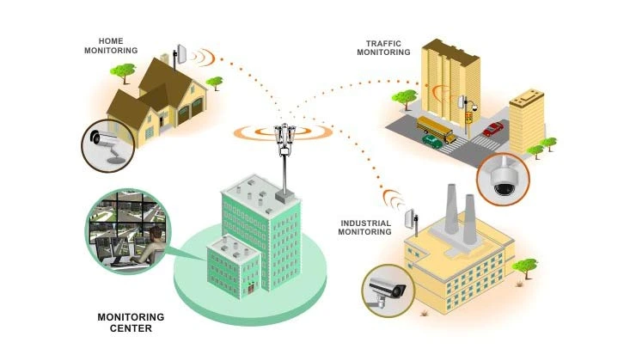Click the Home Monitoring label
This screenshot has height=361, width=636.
tap(111, 45)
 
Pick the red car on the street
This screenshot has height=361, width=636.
tap(492, 129)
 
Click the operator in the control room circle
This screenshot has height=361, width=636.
tap(148, 243)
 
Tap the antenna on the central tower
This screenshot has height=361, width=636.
tap(283, 137)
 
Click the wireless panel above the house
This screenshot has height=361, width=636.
tap(181, 53)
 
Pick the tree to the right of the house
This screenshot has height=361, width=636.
tap(215, 83)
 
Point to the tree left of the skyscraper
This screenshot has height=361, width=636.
tap(399, 96)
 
